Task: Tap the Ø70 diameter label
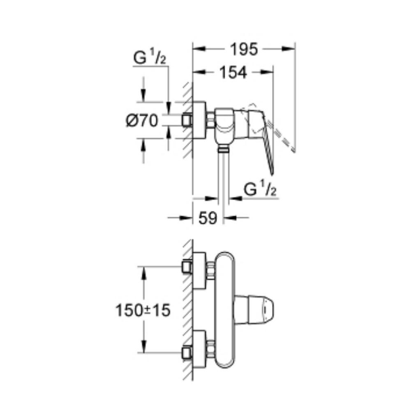[142, 121]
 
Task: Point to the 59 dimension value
[208, 217]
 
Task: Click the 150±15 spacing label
[143, 310]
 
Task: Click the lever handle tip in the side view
[272, 173]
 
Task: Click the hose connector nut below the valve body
[223, 149]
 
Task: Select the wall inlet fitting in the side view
[187, 120]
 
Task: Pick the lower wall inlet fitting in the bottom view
[187, 353]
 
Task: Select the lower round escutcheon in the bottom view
[199, 349]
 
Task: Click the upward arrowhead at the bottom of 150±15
[143, 346]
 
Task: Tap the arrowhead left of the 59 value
[186, 217]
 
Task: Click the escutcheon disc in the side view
[199, 120]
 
